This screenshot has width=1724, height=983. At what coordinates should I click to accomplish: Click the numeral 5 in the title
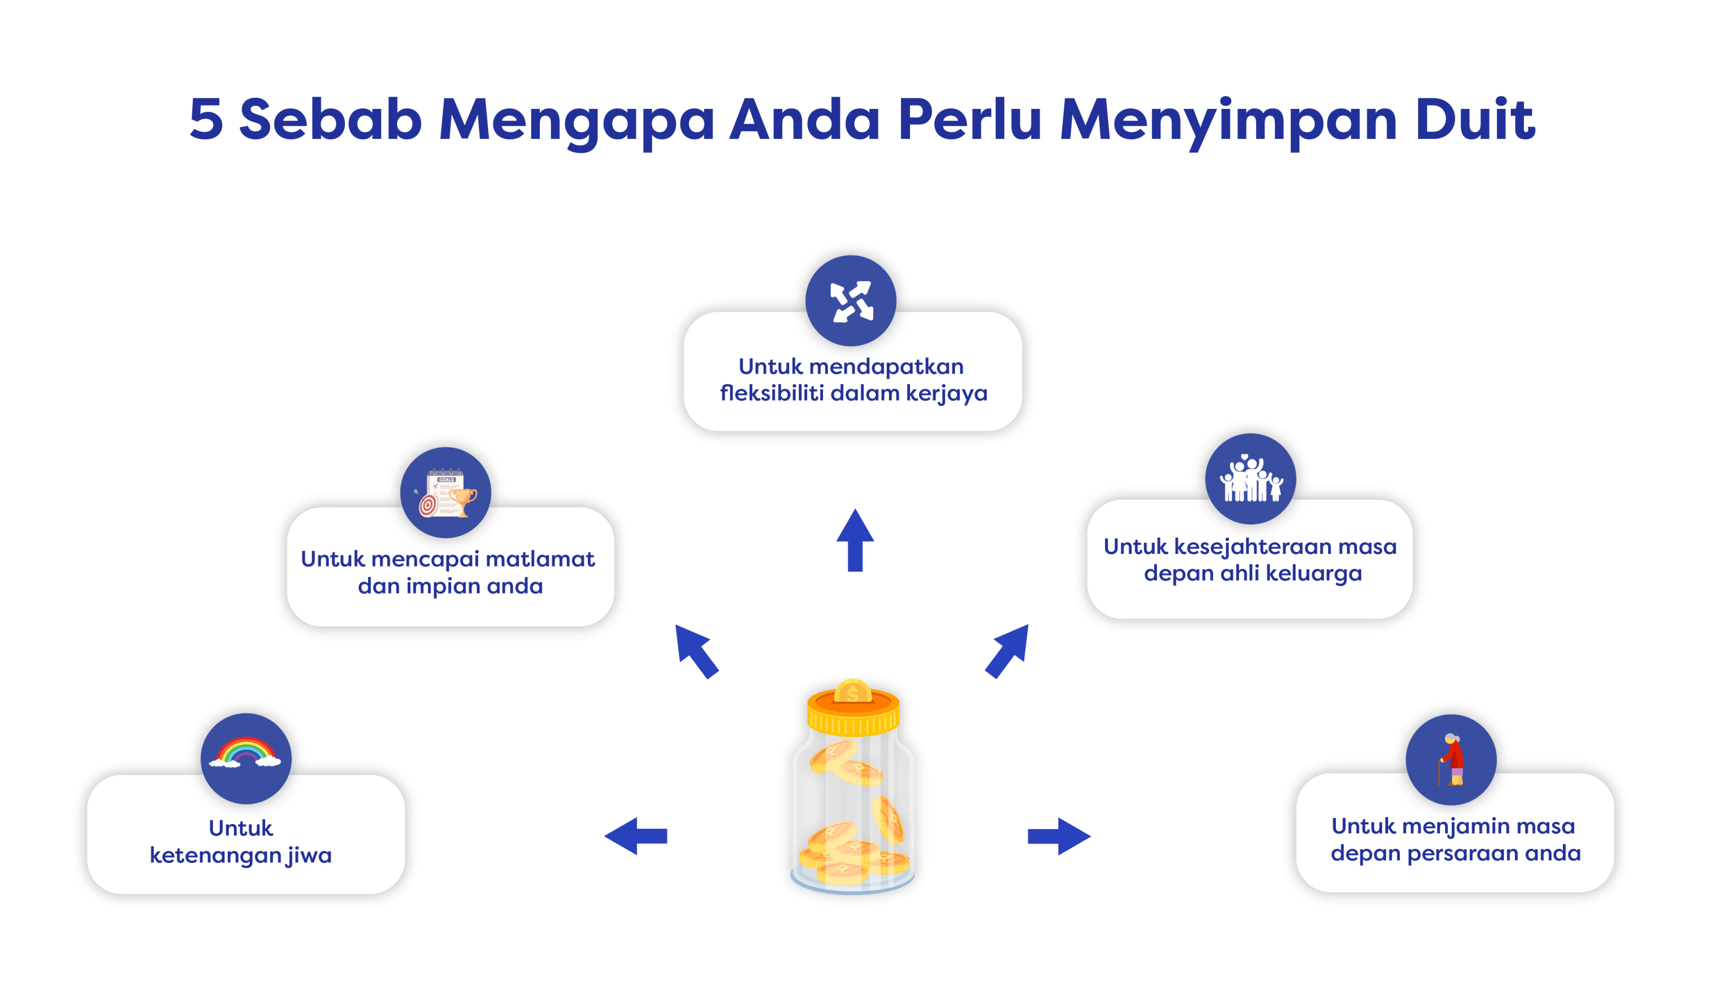click(206, 119)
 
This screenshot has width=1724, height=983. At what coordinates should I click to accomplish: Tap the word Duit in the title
click(1474, 119)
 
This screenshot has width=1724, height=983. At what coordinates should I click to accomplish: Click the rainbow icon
click(246, 755)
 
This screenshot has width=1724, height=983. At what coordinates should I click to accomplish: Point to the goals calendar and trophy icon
click(446, 493)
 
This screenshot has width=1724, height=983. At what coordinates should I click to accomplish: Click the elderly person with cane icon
click(1451, 759)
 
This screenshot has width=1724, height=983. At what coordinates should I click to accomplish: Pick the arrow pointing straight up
click(855, 540)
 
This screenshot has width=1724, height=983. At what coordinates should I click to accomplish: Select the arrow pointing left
click(635, 836)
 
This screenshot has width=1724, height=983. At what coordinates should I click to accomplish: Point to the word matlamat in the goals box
click(540, 559)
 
